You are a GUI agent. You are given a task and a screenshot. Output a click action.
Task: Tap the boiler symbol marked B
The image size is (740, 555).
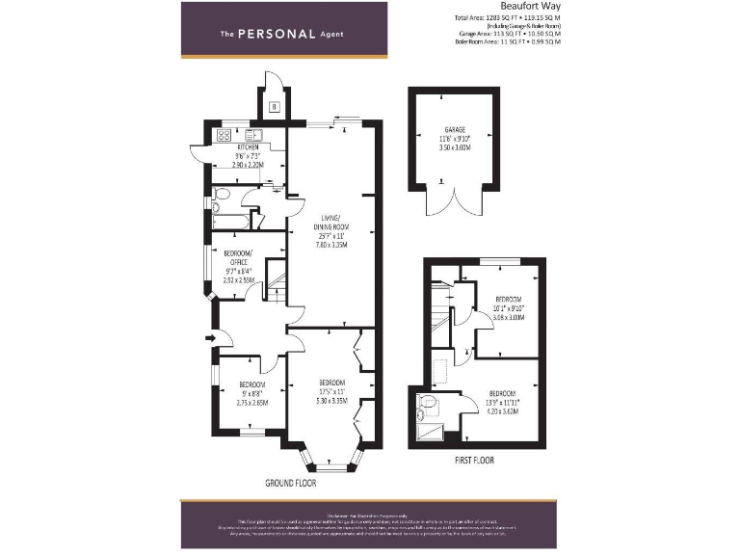click(275, 106)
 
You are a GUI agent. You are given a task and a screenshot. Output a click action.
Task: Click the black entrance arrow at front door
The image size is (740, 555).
click(209, 337)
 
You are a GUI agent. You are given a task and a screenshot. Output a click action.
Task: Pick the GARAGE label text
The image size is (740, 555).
click(454, 129)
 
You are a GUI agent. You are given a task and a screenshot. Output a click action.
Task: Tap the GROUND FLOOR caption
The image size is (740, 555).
click(291, 481)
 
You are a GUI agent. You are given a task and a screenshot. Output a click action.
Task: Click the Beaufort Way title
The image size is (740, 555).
click(531, 6)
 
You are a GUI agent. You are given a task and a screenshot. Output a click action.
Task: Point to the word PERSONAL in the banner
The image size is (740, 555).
click(277, 34)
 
